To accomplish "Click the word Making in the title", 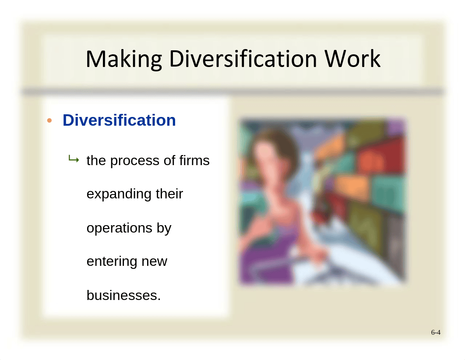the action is tap(123, 59).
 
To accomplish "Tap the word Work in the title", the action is tap(352, 58).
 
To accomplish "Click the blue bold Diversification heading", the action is tap(119, 120).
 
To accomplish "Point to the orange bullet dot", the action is tap(49, 120).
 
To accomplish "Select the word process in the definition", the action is tap(135, 161).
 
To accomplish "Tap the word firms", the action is tap(194, 160).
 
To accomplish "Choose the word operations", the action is tap(120, 228).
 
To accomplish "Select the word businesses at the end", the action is tap(123, 295).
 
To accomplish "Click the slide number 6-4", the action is tap(436, 332).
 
